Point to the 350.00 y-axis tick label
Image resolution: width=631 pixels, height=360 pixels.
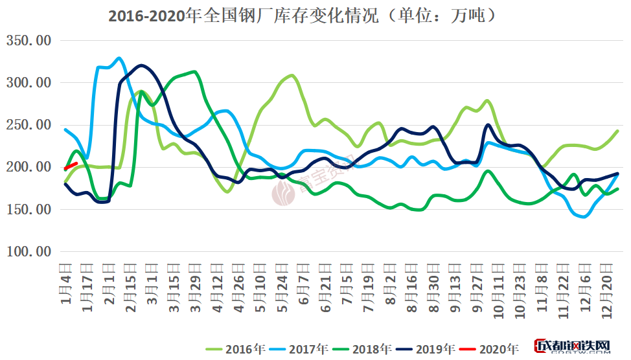29,40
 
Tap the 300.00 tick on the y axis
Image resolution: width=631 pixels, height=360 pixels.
29,83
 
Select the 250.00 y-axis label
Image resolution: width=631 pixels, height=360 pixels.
29,125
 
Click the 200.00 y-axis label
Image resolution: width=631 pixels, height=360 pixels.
29,167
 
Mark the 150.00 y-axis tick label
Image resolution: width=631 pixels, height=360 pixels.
29,210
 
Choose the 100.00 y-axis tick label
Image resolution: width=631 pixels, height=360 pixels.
29,252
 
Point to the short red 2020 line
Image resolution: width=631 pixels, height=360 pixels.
71,166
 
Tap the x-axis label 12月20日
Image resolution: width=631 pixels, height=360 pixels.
606,291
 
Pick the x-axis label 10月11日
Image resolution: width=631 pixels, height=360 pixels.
498,291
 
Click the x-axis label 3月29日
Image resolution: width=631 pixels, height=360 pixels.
195,290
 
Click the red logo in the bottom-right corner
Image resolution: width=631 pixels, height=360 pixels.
573,348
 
